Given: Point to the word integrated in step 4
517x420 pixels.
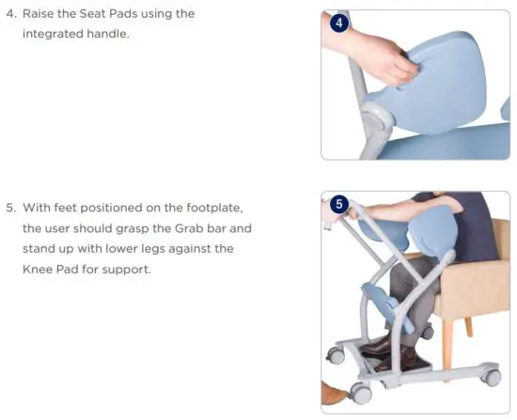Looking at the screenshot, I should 59,34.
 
